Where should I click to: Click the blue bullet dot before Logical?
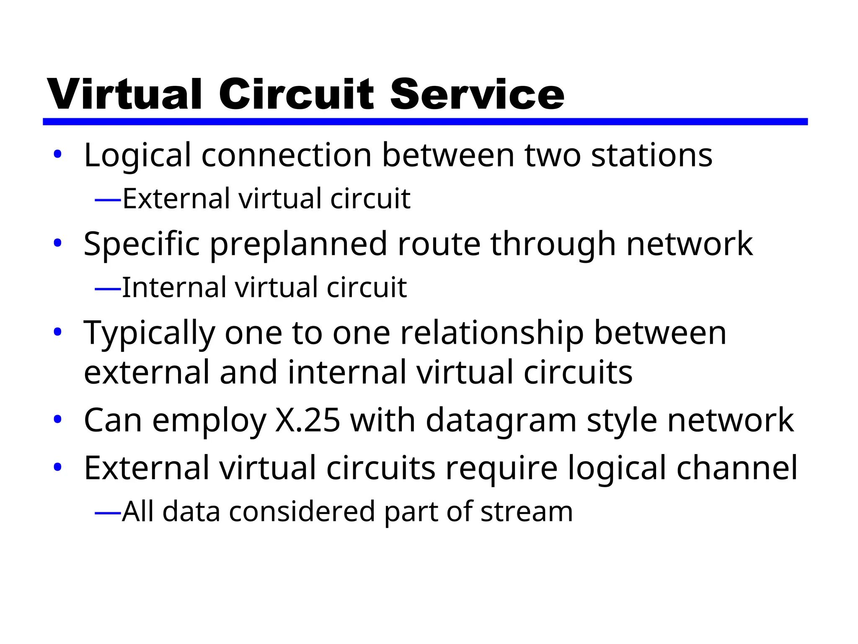click(x=57, y=154)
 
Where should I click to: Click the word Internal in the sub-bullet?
click(x=173, y=288)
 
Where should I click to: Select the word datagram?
click(x=501, y=421)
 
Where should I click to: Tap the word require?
click(x=501, y=469)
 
